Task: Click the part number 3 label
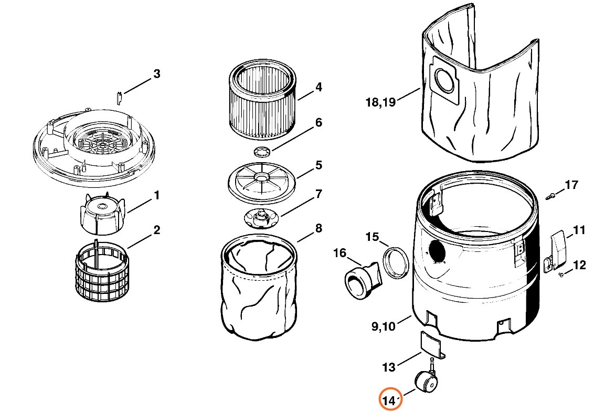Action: (x=156, y=74)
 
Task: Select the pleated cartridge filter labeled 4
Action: (x=263, y=100)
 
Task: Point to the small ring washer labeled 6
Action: (x=261, y=153)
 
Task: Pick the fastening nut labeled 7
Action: (x=260, y=217)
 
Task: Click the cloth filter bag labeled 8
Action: (x=258, y=286)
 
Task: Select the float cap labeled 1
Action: (x=103, y=213)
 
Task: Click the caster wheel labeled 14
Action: (x=426, y=381)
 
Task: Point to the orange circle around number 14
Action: (x=391, y=400)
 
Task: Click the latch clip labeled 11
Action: (x=557, y=249)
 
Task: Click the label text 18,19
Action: (x=380, y=102)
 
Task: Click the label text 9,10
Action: (x=383, y=327)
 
